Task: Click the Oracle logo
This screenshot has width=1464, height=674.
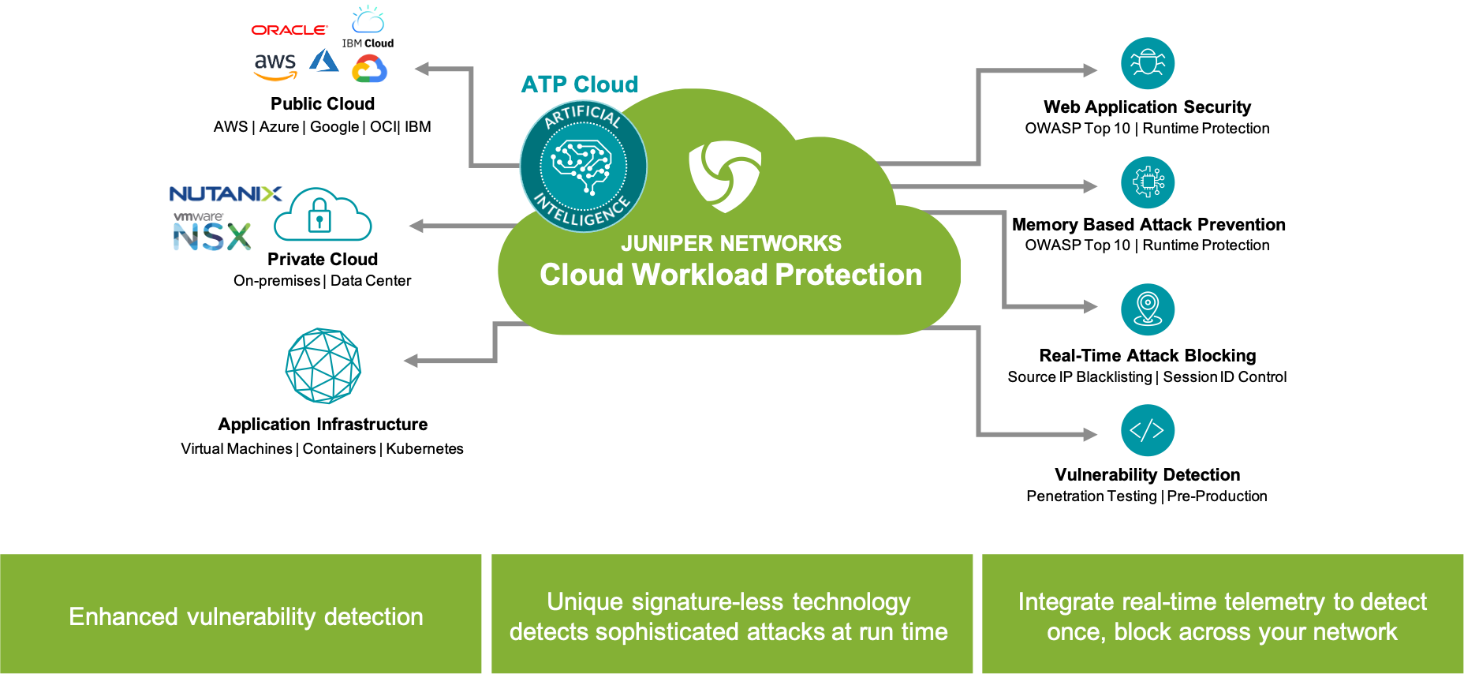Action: [x=289, y=30]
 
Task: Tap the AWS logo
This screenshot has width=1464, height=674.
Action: [x=275, y=66]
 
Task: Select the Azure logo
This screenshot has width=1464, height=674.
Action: [x=323, y=62]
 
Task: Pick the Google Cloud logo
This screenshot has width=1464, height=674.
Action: [x=369, y=69]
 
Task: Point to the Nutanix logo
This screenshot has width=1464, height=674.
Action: [x=226, y=193]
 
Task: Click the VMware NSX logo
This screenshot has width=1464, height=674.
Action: [x=212, y=233]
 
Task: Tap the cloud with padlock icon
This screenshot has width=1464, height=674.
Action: [x=322, y=212]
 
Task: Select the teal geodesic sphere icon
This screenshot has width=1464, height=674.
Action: [x=323, y=366]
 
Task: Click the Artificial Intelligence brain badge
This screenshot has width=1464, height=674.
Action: [x=583, y=167]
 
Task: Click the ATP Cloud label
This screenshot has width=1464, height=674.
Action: [x=580, y=84]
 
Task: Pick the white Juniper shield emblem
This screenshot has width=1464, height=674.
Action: [x=725, y=176]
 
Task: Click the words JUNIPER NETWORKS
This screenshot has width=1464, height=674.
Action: [x=731, y=243]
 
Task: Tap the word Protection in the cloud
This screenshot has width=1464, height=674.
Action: [x=849, y=275]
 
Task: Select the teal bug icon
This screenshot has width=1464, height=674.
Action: [x=1148, y=63]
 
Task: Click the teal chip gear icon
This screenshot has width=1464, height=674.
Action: [x=1148, y=182]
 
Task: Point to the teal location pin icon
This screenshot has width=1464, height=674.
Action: [x=1148, y=309]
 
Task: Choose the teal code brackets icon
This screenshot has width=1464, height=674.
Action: [x=1148, y=430]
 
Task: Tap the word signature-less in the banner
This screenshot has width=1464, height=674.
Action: [x=708, y=602]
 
